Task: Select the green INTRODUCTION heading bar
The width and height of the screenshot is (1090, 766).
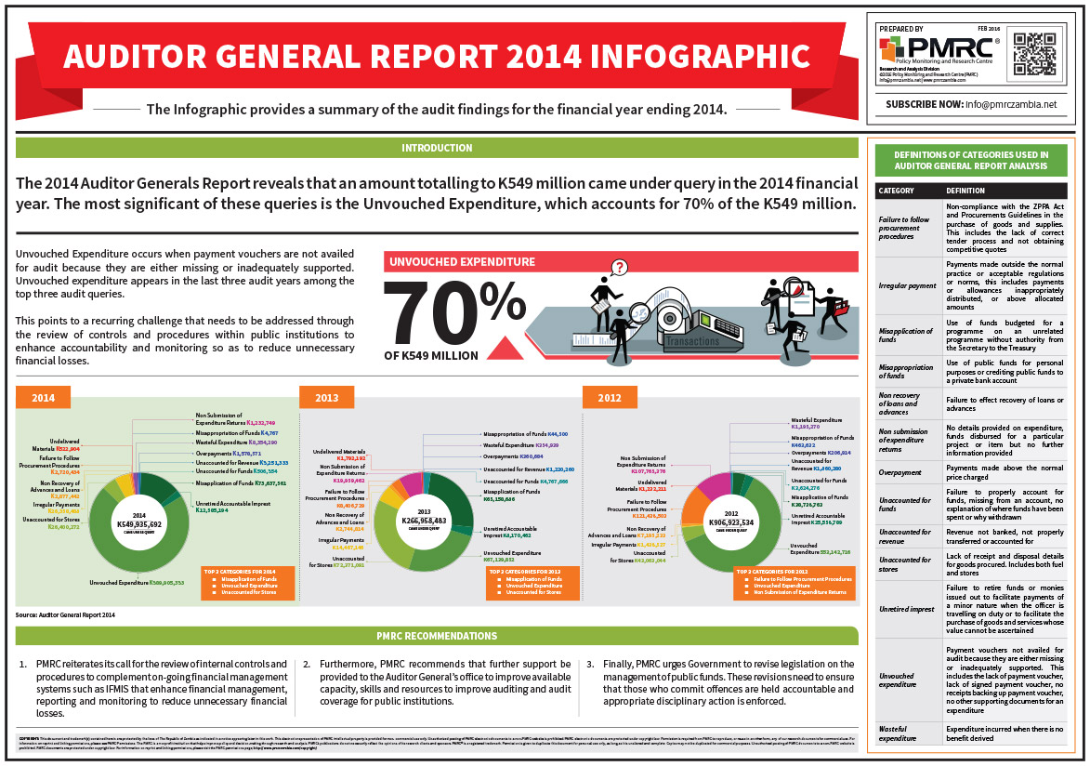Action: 437,148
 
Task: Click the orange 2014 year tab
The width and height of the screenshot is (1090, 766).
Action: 44,398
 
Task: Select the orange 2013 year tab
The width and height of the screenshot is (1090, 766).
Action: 327,398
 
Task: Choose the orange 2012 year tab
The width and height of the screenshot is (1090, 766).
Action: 611,398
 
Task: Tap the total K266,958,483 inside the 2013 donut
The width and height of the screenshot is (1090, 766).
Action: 424,520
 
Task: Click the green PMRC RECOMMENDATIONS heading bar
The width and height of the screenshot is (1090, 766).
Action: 437,636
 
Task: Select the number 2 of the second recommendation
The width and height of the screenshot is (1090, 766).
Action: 308,665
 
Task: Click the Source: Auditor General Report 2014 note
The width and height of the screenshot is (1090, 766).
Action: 65,615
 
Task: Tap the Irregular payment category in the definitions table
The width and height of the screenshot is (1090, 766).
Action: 908,285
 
